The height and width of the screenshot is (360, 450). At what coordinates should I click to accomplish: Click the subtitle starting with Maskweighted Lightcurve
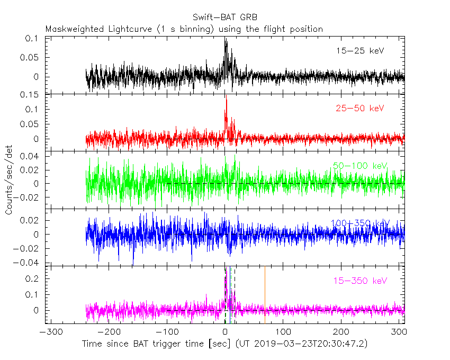(184, 29)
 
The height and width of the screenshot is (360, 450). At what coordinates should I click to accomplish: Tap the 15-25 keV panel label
(359, 51)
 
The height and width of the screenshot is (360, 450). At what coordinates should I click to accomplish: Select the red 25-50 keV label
(359, 109)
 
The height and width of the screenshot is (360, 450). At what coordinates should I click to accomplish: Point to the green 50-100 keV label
(360, 166)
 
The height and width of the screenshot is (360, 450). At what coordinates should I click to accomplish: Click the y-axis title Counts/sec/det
(9, 181)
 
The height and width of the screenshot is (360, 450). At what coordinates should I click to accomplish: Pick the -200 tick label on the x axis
(108, 332)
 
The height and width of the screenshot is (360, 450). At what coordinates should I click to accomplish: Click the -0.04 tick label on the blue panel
(29, 263)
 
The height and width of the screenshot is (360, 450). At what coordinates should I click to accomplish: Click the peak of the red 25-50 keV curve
(226, 99)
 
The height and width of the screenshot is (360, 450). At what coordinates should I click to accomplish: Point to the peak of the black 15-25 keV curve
(225, 39)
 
